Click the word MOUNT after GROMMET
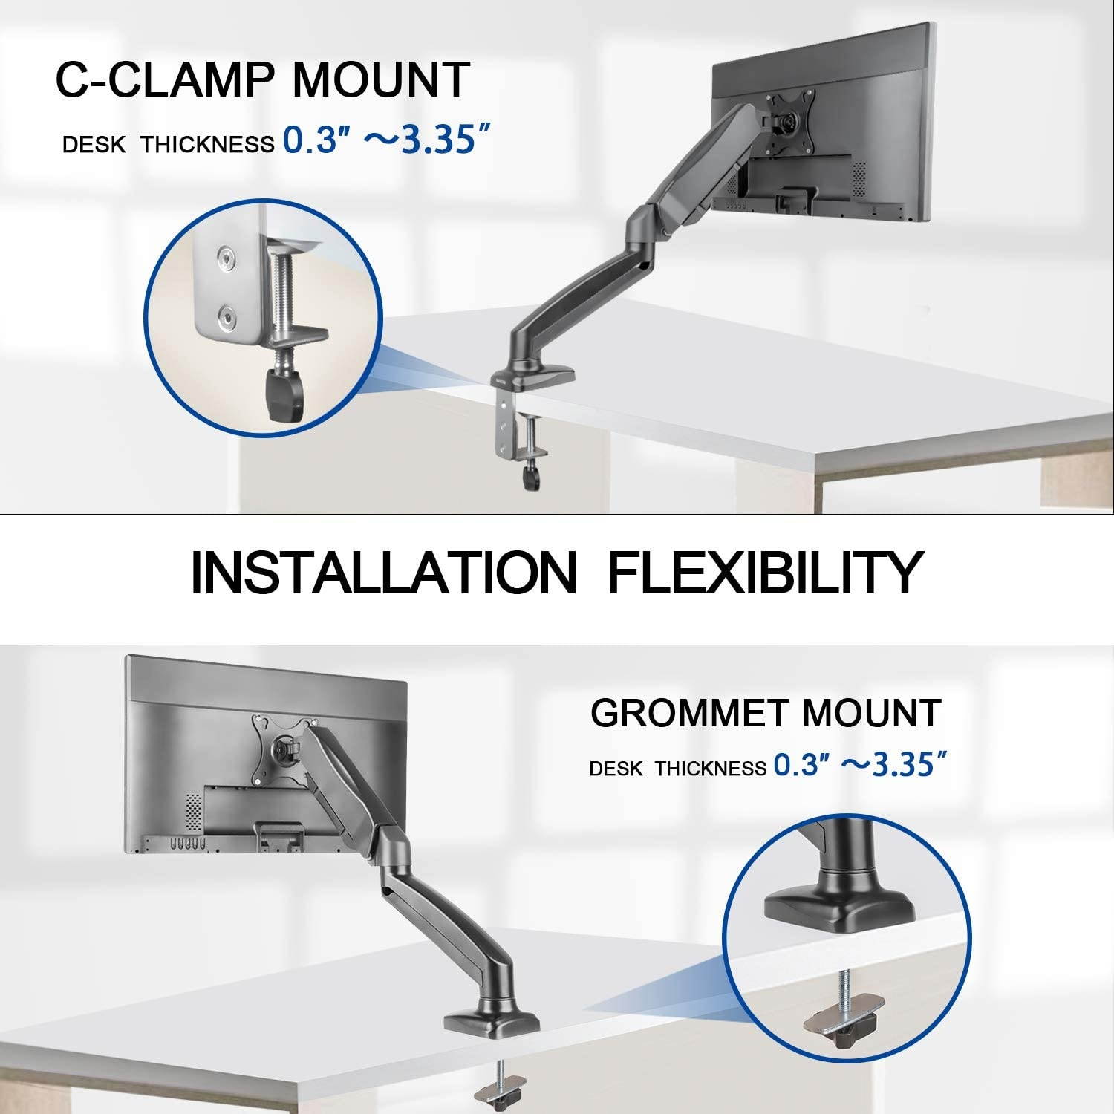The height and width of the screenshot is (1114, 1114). tap(870, 713)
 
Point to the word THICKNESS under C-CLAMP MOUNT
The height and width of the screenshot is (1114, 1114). tap(208, 144)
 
